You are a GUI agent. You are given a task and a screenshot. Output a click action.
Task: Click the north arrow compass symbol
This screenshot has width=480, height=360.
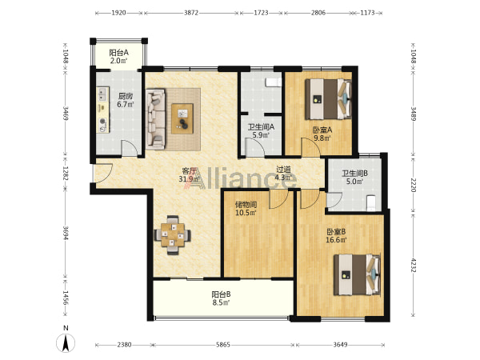tap(66, 343)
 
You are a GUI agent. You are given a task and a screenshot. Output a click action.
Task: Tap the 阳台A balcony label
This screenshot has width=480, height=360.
tap(118, 53)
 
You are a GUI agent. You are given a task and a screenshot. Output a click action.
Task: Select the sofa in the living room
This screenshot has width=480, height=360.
tap(155, 119)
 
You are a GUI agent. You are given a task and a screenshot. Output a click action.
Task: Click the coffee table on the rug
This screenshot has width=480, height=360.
tap(182, 118)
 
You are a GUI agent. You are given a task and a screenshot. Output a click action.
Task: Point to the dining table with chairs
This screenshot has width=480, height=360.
tap(173, 235)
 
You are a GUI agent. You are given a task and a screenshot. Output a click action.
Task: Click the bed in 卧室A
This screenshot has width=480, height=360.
tap(328, 99)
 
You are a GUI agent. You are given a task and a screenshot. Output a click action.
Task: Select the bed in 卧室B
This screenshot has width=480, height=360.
tap(358, 274)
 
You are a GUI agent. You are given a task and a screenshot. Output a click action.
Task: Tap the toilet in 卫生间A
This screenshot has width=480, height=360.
tap(273, 82)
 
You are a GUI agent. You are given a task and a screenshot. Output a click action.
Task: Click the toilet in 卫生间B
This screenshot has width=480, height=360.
tap(370, 203)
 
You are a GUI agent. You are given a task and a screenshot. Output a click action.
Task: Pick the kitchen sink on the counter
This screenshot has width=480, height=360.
tap(102, 94)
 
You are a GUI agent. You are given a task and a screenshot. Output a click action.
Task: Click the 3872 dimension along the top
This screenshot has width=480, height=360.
tap(191, 13)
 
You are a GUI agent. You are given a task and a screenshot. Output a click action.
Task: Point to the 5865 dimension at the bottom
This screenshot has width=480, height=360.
tap(223, 345)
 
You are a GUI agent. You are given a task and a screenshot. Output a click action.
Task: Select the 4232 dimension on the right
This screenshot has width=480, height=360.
tap(414, 265)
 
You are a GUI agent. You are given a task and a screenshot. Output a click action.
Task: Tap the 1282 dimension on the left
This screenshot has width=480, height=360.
tap(65, 173)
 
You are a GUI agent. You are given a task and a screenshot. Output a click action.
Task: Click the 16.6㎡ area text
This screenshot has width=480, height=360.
tap(336, 240)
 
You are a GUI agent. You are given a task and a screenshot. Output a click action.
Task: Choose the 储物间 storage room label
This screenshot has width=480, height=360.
tap(246, 205)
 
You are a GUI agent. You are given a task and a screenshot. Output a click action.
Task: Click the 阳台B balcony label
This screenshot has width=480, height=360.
tap(221, 294)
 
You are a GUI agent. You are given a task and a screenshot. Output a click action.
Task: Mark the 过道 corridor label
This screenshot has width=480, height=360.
tap(283, 170)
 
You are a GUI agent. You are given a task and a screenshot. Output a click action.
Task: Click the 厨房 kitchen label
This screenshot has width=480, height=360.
tap(126, 96)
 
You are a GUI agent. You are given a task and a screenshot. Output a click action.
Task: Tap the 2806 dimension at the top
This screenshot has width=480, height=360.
tap(318, 13)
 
